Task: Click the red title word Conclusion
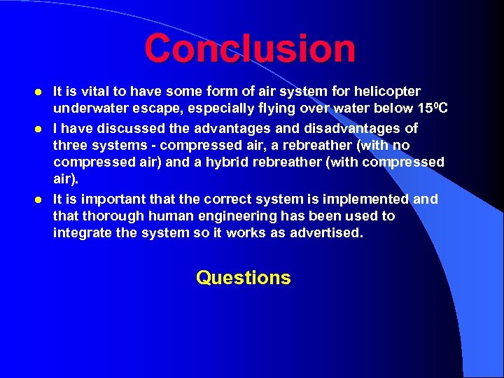point(250,49)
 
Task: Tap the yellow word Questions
point(243,278)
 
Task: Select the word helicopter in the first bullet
point(387,92)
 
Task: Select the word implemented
point(366,200)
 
